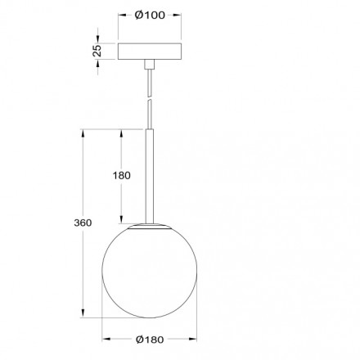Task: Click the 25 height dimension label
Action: (x=97, y=51)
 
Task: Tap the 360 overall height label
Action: (x=81, y=223)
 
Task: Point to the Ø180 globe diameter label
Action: (x=150, y=340)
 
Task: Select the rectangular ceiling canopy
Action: (x=150, y=51)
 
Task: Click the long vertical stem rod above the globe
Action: (x=150, y=172)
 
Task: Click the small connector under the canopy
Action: (x=150, y=64)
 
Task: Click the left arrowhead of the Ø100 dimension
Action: (x=121, y=15)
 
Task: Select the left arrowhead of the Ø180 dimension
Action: (x=104, y=340)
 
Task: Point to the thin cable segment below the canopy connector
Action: (x=150, y=82)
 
